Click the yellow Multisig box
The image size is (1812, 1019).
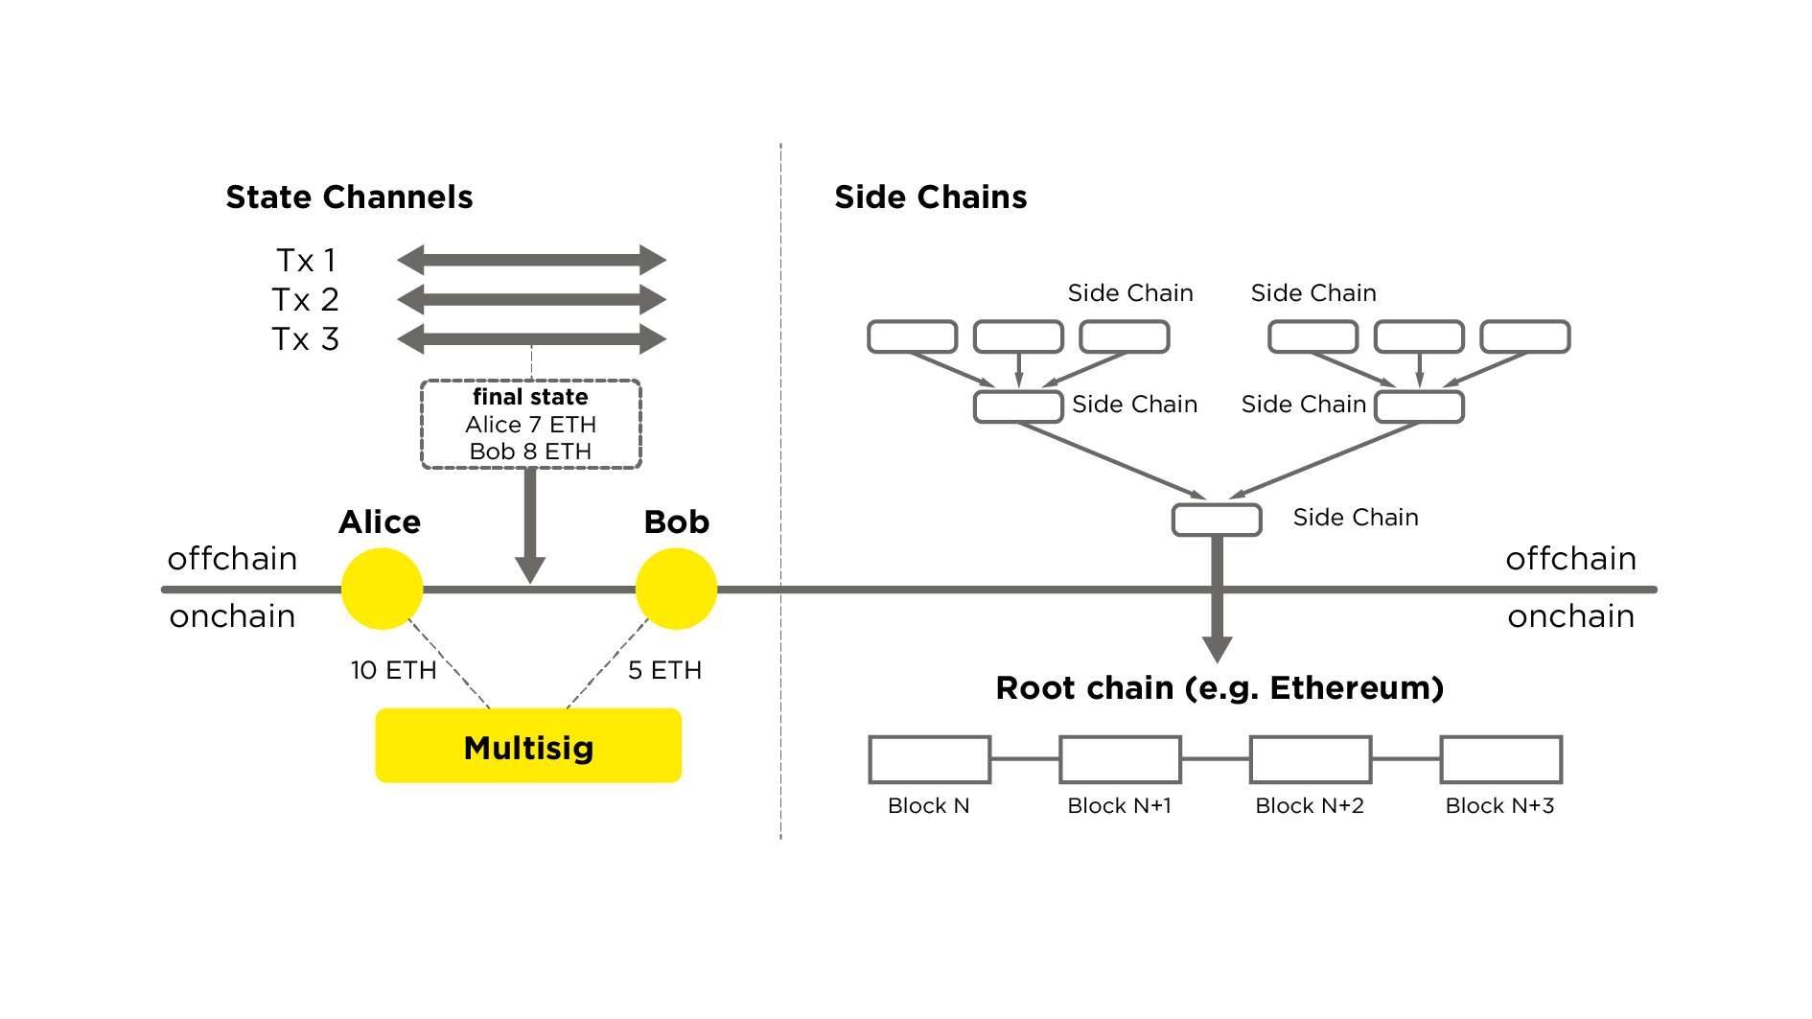tap(528, 746)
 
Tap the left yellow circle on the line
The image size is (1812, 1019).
tap(382, 589)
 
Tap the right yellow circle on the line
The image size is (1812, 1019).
tap(676, 589)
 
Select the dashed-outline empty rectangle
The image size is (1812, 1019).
tap(531, 424)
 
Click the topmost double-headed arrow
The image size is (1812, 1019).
tap(532, 260)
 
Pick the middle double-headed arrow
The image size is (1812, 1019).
tap(532, 300)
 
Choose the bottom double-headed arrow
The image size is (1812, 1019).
tap(532, 338)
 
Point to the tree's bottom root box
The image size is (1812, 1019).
tap(1217, 520)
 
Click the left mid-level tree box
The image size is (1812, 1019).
tap(1018, 406)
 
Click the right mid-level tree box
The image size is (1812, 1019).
tap(1419, 406)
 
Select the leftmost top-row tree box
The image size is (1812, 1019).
tap(913, 336)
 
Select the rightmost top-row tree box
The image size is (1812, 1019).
tap(1524, 336)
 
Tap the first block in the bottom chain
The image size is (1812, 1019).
tap(930, 759)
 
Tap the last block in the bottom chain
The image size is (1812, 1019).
tap(1501, 759)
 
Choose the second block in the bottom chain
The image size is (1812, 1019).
tap(1120, 759)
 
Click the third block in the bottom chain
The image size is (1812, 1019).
tap(1311, 759)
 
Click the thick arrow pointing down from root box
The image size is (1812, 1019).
tap(1217, 614)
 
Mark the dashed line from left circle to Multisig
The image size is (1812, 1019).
tap(449, 663)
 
